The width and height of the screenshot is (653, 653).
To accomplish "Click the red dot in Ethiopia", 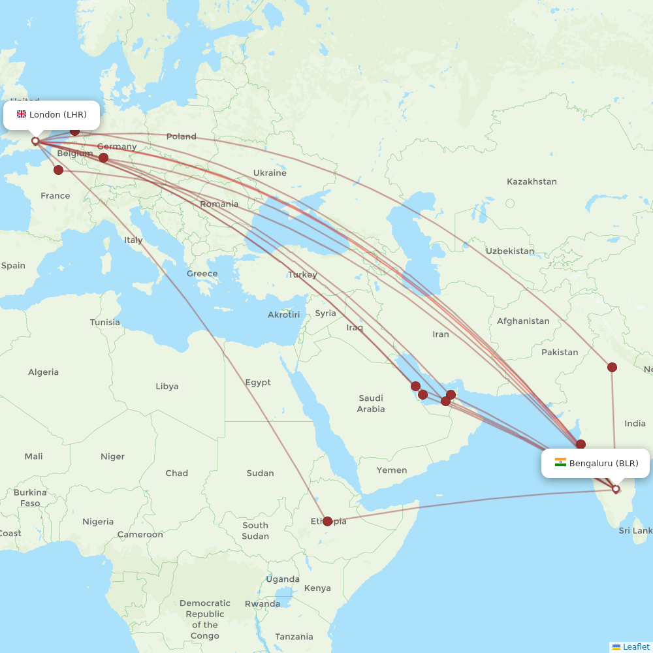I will coord(327,521).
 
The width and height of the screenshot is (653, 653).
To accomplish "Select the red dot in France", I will coord(58,170).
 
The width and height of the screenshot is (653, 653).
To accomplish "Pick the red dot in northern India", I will coord(612,367).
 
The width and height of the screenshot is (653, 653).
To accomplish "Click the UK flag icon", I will coord(22,114).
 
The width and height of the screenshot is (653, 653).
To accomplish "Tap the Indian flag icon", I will coord(560,463).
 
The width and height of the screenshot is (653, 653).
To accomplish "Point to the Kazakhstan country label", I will coord(532,182).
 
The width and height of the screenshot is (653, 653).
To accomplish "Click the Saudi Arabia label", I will coord(371,404).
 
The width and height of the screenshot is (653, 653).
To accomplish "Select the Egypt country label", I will coord(258,382).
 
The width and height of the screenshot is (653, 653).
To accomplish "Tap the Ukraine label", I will coord(270,173).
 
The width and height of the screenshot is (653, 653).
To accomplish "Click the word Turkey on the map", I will coord(303,274).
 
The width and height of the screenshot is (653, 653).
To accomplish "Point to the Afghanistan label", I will coord(523,321).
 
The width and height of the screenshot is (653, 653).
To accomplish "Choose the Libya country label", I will coord(167,386).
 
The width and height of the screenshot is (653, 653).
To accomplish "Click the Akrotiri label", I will coord(283,315).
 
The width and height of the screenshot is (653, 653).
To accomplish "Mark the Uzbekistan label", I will coord(509,251).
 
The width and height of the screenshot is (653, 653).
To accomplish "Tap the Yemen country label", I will coord(392,470).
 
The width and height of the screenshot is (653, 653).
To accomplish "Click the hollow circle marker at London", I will coord(35,140).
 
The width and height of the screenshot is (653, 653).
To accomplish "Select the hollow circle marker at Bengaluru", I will coord(615,488).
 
